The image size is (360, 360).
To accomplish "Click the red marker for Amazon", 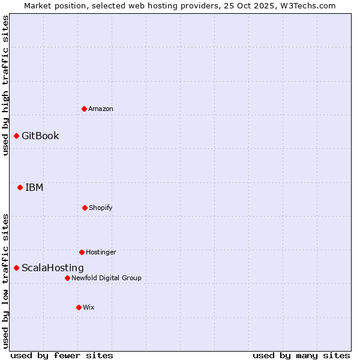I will tap(84, 109).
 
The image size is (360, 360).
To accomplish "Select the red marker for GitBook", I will tap(16, 136).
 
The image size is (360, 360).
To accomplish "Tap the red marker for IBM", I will tap(20, 187).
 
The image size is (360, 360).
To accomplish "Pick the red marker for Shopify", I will tap(85, 208).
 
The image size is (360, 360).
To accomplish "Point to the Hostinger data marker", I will tap(82, 252).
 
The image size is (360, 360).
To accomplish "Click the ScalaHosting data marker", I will tap(16, 268).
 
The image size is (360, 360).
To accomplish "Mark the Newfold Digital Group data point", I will tap(67, 278).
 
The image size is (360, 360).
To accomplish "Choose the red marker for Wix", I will tap(79, 307).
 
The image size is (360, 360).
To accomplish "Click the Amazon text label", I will tap(101, 109).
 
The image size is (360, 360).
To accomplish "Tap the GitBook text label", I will tap(40, 136).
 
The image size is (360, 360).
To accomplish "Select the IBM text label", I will tap(34, 187).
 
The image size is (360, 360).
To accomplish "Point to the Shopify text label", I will tap(101, 208).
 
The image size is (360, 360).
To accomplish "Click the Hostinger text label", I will tap(101, 252).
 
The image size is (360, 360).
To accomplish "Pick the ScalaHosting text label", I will tap(53, 268).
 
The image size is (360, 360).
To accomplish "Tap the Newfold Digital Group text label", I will tap(106, 278).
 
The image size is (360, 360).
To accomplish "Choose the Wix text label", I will tap(89, 307).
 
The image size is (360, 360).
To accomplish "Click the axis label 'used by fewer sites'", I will tap(62, 355).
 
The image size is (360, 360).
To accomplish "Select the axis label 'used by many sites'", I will tap(301, 355).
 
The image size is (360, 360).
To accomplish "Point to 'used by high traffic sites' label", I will tap(5, 85).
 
